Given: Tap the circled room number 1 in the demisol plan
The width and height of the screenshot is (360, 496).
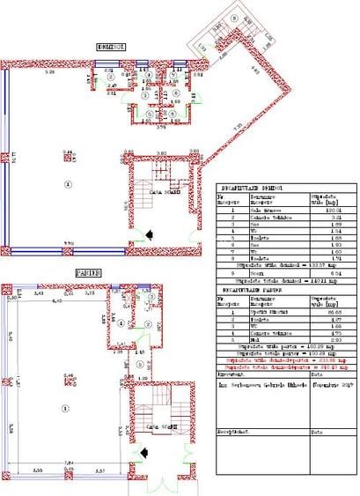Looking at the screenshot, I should [x=68, y=183].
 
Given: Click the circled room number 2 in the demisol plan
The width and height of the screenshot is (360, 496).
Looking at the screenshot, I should [x=109, y=76].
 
